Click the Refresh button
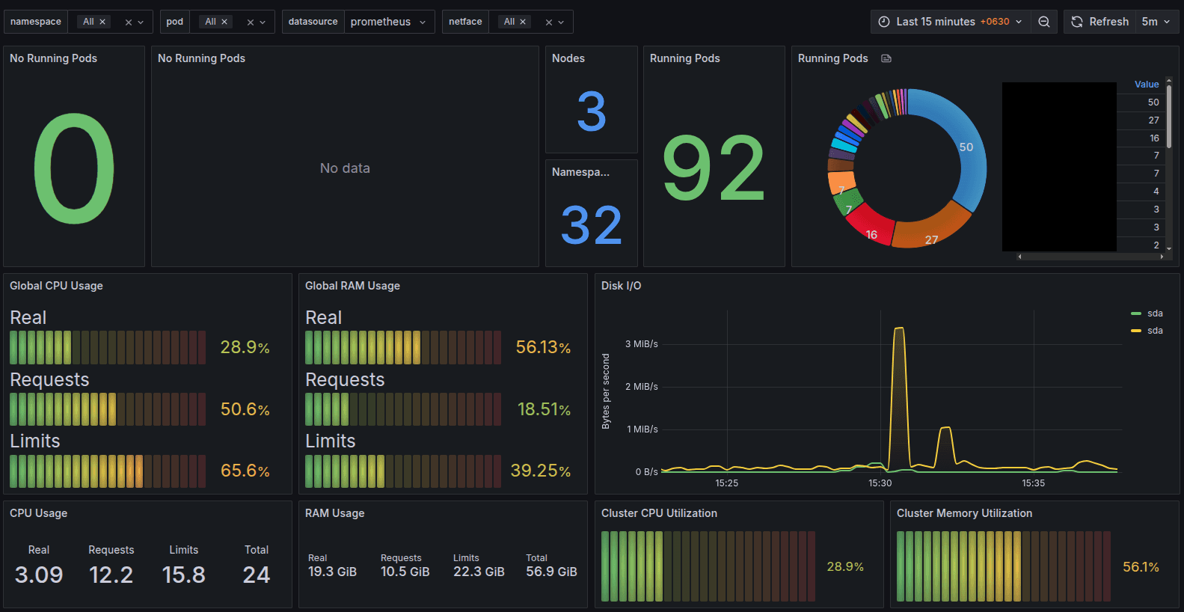(1100, 22)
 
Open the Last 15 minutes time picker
(950, 22)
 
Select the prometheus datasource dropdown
(388, 22)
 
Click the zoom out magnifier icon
(1044, 22)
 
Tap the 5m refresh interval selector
(1156, 22)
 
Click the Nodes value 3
(591, 111)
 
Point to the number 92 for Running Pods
(714, 169)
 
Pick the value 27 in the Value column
(1153, 120)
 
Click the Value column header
(1146, 85)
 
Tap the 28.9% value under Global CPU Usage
(245, 347)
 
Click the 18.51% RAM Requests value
(544, 409)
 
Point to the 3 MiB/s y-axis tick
(641, 344)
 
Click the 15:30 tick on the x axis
(880, 483)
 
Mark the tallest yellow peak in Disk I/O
(899, 329)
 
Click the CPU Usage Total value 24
(256, 575)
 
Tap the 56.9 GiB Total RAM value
(551, 572)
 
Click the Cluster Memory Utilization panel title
(964, 513)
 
